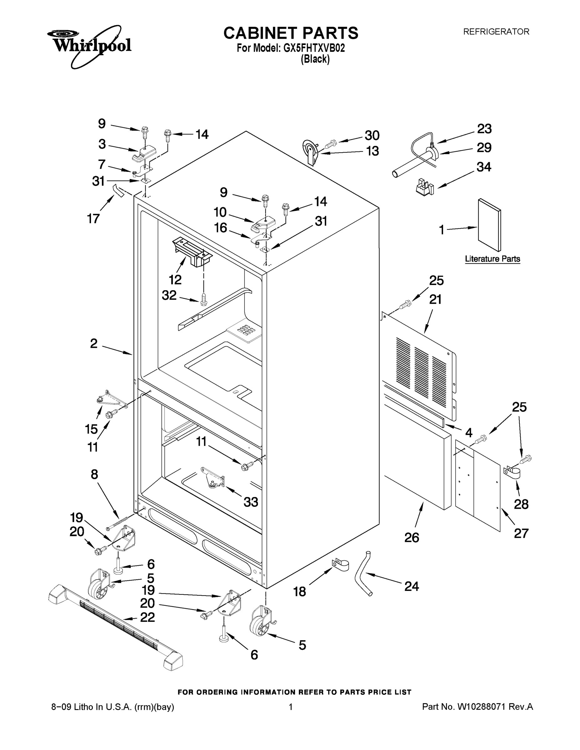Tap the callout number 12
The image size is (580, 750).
(x=175, y=280)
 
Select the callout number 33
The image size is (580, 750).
(x=251, y=502)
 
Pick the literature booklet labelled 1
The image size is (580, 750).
(x=489, y=225)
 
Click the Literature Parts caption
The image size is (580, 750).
(x=492, y=259)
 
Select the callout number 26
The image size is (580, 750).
(x=412, y=537)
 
